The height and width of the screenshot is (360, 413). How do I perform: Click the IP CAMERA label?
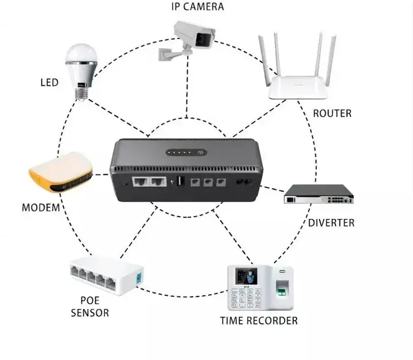pyautogui.click(x=197, y=7)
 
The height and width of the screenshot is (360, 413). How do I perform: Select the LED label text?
pyautogui.click(x=49, y=83)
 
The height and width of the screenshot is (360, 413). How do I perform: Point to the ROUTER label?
pyautogui.click(x=332, y=114)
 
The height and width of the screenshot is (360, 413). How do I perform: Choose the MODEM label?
pyautogui.click(x=41, y=207)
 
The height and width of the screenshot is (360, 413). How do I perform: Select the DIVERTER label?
pyautogui.click(x=331, y=222)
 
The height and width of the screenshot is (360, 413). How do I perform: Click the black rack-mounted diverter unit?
pyautogui.click(x=319, y=195)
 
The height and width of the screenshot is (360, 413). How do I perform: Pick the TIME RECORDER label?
pyautogui.click(x=259, y=320)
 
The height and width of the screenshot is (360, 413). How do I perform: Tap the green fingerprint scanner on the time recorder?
pyautogui.click(x=281, y=293)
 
